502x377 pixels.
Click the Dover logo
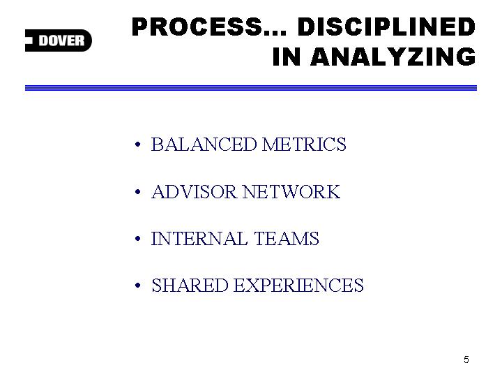[59, 40]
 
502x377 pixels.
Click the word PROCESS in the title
[197, 27]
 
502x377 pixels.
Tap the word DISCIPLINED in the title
[386, 27]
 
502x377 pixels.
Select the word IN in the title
[287, 57]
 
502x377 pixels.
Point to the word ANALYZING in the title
[393, 57]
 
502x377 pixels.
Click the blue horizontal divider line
[251, 88]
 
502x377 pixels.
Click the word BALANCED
[204, 145]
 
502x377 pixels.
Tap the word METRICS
[304, 145]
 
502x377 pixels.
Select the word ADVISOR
[194, 192]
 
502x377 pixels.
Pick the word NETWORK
[291, 192]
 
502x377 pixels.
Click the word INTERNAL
[199, 239]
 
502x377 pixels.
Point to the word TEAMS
[287, 239]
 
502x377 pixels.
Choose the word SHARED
[190, 286]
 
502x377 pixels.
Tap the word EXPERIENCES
[298, 286]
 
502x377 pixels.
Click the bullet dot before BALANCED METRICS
[137, 145]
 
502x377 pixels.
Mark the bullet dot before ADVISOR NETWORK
[137, 192]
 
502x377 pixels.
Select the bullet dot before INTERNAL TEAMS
[137, 239]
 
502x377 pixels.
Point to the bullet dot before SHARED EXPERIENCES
[137, 286]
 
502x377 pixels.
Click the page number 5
[466, 360]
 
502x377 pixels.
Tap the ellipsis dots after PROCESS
[275, 33]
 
